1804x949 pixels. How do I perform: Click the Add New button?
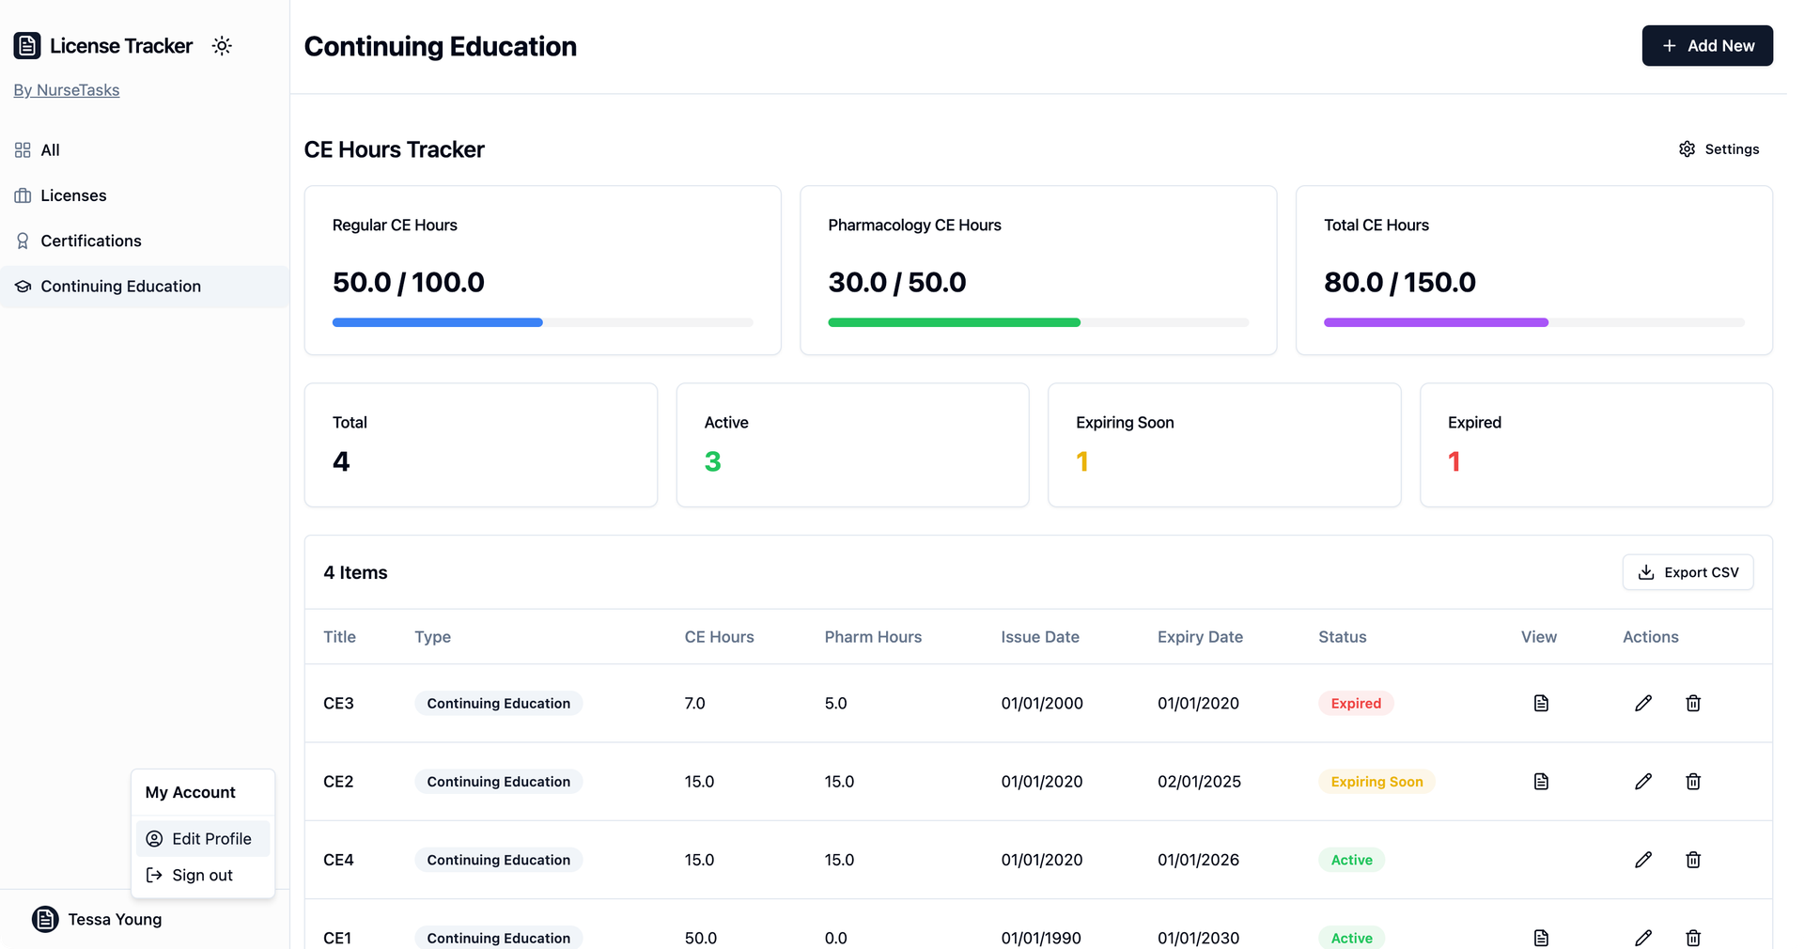[1707, 46]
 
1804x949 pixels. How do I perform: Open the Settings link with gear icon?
[1718, 149]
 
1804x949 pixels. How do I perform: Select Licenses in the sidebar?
[73, 195]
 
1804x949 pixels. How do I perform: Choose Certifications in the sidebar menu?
[90, 241]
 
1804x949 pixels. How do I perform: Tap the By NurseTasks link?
[67, 90]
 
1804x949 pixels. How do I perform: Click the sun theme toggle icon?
[222, 46]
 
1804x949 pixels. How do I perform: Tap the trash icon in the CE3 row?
[1693, 704]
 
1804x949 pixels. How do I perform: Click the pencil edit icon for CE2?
[1643, 782]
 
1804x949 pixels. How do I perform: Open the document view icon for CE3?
[1541, 704]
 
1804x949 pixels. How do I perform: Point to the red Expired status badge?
[1356, 704]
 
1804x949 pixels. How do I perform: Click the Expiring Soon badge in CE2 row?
[1376, 782]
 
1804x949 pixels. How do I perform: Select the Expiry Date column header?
[1200, 637]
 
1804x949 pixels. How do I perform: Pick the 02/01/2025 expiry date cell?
[1199, 782]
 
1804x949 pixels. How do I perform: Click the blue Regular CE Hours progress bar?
[438, 322]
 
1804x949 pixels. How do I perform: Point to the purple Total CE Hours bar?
[1436, 322]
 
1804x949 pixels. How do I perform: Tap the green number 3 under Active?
[713, 461]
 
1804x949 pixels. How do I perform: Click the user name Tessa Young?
[115, 920]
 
